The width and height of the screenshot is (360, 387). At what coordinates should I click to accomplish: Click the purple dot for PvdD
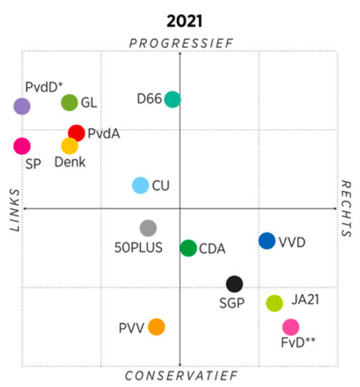(22, 106)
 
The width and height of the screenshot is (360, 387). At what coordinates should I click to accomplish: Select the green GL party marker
(69, 103)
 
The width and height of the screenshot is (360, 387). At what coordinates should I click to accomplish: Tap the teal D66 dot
(173, 99)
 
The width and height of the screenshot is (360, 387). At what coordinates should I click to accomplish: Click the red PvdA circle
(76, 133)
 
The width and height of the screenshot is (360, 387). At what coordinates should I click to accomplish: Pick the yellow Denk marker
(69, 146)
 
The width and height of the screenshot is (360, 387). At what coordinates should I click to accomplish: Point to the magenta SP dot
(22, 146)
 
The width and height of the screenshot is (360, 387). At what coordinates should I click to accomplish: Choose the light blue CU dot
(140, 186)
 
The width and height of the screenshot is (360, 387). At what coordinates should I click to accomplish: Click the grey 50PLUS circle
(148, 228)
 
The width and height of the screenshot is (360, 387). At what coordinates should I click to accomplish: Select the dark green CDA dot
(189, 248)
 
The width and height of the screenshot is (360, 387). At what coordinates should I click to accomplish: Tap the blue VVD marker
(267, 241)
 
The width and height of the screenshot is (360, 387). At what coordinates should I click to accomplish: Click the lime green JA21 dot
(275, 303)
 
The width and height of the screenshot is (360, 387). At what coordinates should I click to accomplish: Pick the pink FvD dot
(291, 327)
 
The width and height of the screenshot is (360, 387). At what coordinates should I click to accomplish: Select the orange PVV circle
(156, 327)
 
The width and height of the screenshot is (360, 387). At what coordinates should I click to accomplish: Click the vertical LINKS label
(15, 210)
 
